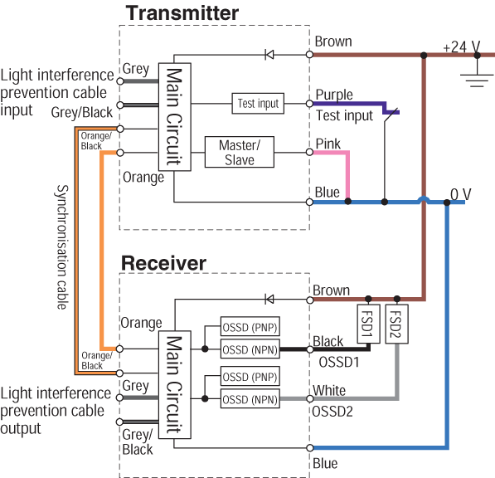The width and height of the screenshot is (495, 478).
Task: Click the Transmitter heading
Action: point(182,13)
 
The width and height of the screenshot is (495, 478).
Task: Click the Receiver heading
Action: point(163,263)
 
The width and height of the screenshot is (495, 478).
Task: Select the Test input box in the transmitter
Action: point(258,104)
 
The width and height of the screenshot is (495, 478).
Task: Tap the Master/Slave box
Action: point(240,153)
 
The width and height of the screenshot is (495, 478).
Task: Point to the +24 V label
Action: point(462,47)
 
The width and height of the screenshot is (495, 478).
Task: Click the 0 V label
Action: point(460,194)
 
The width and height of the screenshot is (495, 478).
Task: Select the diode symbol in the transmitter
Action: point(269,56)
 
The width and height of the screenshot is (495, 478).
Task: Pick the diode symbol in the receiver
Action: point(269,299)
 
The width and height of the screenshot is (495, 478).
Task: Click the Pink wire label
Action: point(328,144)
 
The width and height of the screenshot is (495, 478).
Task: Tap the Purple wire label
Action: point(334,95)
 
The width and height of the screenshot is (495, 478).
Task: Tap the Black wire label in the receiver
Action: point(328,341)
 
